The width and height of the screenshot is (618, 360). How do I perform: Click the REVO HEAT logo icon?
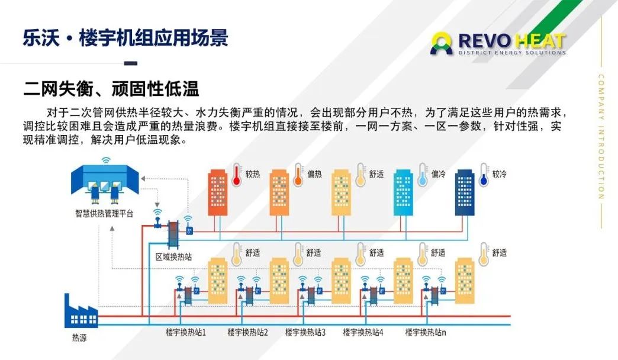(441, 43)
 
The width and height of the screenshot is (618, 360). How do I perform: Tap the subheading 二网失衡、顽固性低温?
(111, 89)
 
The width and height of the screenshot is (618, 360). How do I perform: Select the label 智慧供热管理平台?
(104, 213)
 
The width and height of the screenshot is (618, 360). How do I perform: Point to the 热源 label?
(79, 338)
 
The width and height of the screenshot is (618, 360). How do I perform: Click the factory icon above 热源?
(81, 311)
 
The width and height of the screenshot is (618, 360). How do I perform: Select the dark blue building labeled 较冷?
(466, 192)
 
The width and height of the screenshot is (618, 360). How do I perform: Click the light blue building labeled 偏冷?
(404, 192)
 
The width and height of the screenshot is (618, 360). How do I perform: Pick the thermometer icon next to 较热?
(237, 175)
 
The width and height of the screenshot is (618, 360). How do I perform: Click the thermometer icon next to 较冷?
(485, 175)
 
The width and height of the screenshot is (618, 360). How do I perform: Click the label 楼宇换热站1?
(186, 332)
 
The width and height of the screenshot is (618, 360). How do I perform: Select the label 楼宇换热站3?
(305, 332)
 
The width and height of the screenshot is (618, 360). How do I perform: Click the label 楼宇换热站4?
(363, 332)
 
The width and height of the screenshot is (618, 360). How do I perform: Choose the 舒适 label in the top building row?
(376, 174)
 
